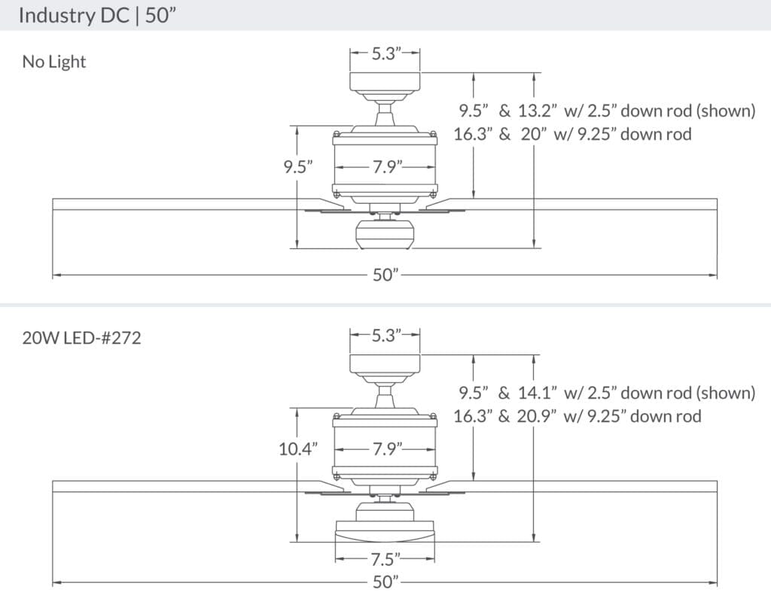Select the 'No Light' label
point(54,62)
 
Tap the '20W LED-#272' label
point(81,338)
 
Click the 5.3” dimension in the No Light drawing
point(385,53)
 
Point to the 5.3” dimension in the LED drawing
point(385,336)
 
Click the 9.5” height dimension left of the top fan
point(298,167)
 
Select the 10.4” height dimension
point(297,449)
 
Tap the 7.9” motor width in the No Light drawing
point(385,167)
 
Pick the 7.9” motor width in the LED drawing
point(385,449)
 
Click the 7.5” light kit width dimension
point(385,559)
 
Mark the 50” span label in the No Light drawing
point(385,275)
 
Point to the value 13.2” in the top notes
point(538,111)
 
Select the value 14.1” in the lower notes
point(538,393)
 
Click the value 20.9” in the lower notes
point(538,416)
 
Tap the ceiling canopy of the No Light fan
point(385,82)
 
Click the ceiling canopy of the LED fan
point(385,364)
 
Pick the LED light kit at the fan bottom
point(385,531)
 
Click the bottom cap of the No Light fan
point(385,236)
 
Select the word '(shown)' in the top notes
point(725,111)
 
